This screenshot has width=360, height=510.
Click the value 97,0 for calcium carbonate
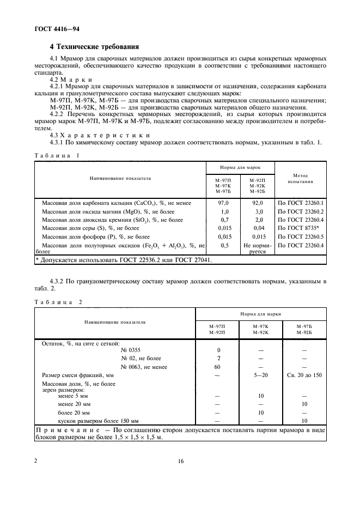[224, 203]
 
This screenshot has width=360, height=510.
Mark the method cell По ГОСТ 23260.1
[301, 203]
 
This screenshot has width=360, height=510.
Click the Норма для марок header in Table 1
[240, 167]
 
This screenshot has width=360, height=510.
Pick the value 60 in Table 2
[218, 367]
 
